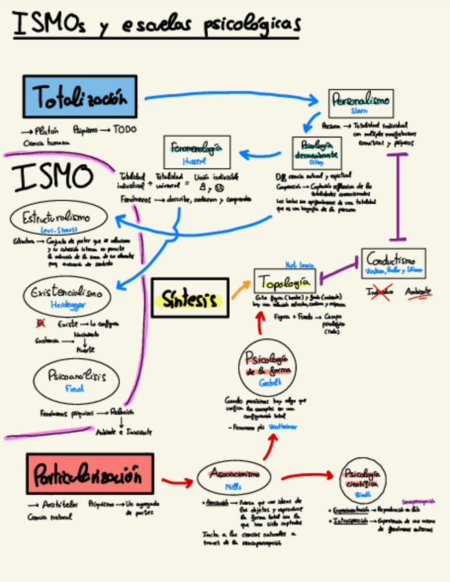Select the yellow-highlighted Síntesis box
coord(189,299)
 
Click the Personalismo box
coord(360,103)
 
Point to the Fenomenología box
coord(196,152)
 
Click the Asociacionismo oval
coord(234,477)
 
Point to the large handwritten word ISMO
coord(53,177)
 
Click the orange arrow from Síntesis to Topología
coord(241,289)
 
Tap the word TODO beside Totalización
coord(125,129)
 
